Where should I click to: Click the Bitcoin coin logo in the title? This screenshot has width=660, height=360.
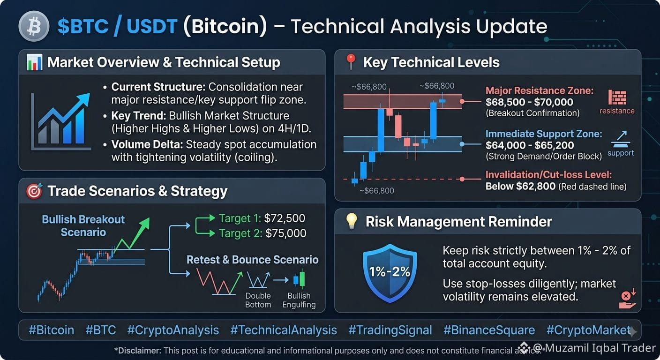[34, 26]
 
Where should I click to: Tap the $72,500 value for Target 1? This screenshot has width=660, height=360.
[285, 218]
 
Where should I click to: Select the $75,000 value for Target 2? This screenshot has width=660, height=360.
[286, 233]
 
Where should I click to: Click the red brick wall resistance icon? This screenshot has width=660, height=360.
[617, 97]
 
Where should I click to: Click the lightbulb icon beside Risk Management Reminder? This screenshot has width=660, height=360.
[352, 221]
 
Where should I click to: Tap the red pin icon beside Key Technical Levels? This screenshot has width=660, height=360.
[351, 61]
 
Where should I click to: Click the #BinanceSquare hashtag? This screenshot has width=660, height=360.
[489, 330]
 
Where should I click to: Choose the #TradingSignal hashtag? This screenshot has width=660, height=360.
[390, 330]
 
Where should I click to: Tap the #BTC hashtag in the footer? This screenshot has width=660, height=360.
[100, 330]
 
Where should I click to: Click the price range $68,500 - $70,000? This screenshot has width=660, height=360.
[529, 102]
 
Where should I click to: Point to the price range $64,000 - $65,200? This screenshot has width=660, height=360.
[530, 145]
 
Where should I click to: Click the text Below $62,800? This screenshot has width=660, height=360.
[520, 186]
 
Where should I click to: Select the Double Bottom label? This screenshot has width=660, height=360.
[258, 300]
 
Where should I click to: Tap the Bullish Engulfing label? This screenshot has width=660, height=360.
[299, 300]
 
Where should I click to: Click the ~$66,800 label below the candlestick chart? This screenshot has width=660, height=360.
[376, 191]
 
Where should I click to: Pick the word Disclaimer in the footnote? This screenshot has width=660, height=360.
[138, 351]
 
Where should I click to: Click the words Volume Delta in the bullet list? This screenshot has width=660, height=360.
[147, 144]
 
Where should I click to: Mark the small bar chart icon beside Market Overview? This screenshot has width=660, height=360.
[34, 62]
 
